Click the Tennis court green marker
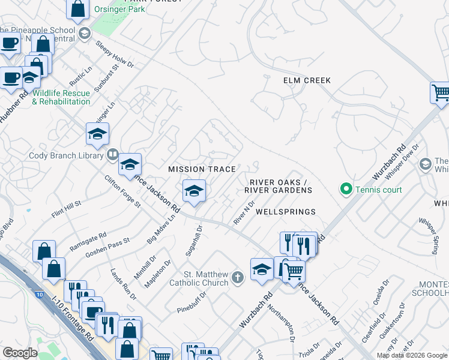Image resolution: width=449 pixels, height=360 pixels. click(x=346, y=190)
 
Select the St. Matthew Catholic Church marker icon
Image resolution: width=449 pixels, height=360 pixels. click(x=238, y=277)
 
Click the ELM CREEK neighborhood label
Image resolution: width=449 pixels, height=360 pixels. click(x=307, y=80)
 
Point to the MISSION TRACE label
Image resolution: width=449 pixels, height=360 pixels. click(x=202, y=169)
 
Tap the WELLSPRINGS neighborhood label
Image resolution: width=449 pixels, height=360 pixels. click(x=285, y=212)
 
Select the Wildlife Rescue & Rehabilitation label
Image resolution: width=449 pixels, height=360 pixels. click(x=61, y=97)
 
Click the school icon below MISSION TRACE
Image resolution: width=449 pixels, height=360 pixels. click(x=194, y=191)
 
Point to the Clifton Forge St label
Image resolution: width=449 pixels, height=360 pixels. click(x=122, y=191)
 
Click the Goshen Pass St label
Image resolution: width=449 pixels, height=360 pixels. click(x=107, y=247)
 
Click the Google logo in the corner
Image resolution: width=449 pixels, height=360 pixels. click(x=20, y=353)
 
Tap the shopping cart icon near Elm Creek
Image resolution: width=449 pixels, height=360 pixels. click(x=440, y=92)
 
